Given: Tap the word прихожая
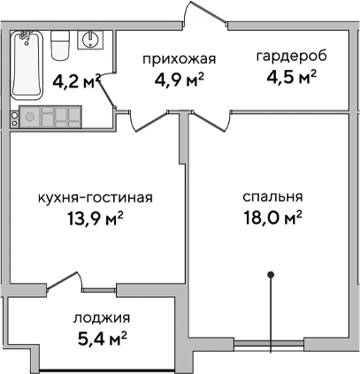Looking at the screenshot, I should (x=180, y=60).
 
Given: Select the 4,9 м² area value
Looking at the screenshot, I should (x=180, y=79).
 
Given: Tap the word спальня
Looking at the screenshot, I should (x=273, y=197).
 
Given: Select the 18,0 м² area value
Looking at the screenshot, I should (x=273, y=217).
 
